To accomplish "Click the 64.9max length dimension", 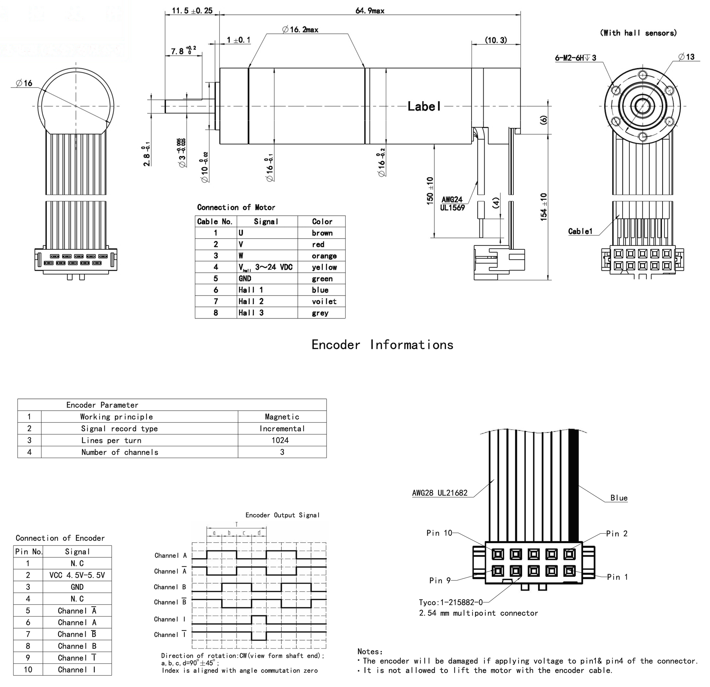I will tap(370, 10).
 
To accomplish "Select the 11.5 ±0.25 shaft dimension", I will tap(192, 10).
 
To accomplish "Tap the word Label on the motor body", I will tap(424, 106).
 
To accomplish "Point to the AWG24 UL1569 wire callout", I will tap(452, 203).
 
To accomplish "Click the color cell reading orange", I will tap(324, 256).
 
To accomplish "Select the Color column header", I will tap(322, 221).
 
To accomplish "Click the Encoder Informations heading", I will tap(382, 345).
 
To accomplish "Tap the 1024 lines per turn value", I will tap(280, 440).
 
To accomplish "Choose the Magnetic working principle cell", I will tap(282, 417).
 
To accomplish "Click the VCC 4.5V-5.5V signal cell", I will tap(77, 575).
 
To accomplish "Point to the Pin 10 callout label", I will tap(439, 533).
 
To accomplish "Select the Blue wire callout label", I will tap(619, 498).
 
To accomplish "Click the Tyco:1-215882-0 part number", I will tap(451, 602).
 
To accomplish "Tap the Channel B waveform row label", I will tap(170, 587).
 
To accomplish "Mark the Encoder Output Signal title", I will tap(283, 515).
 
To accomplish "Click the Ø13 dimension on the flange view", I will tap(686, 57).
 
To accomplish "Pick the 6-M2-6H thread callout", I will tap(575, 58).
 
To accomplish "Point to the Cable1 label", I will tap(580, 231).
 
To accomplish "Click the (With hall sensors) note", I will tap(638, 33).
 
